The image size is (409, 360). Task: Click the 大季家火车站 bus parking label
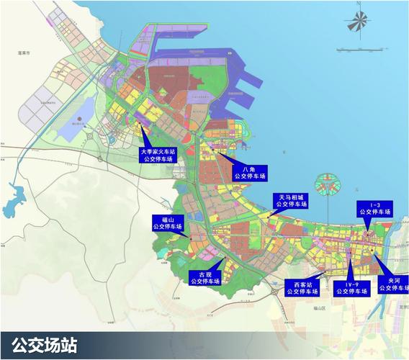[158, 155]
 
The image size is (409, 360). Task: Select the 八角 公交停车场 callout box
[250, 172]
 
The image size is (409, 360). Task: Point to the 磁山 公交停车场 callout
[168, 222]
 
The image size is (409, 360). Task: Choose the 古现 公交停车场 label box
[204, 277]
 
